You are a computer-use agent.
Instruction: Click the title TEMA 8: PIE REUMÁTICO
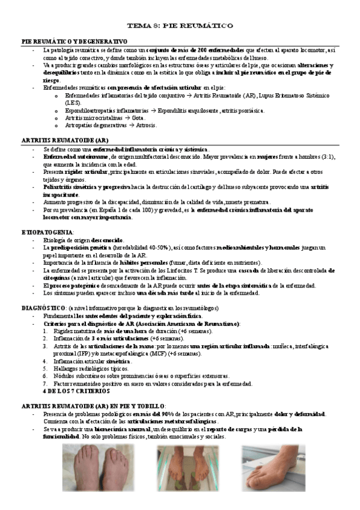[180, 26]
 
